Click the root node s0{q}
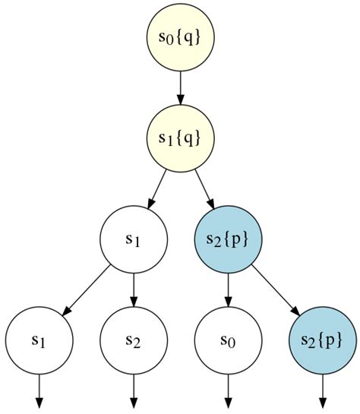(180, 36)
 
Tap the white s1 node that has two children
(133, 239)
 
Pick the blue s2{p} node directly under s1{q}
(228, 239)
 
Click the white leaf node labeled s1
(39, 340)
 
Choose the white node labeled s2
(133, 340)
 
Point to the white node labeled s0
(228, 340)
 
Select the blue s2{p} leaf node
(323, 340)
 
